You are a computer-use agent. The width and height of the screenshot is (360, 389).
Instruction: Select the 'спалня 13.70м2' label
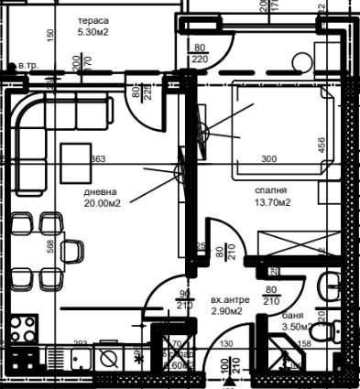[x=274, y=197]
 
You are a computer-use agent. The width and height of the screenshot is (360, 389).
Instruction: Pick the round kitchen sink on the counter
[x=109, y=355]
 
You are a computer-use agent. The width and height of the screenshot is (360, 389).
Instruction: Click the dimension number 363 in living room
[x=97, y=158]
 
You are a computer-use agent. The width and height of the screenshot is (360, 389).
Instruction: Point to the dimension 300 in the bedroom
[x=268, y=158]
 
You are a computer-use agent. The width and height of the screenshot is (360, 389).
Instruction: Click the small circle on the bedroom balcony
[x=300, y=63]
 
